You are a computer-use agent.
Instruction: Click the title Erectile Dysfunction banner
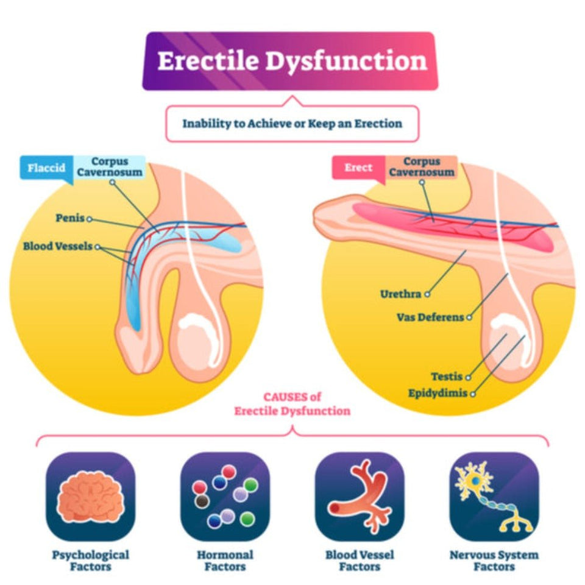(x=291, y=62)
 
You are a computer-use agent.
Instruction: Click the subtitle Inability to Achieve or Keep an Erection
(x=292, y=124)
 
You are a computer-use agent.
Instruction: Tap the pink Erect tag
(x=358, y=168)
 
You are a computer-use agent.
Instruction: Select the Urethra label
(x=400, y=294)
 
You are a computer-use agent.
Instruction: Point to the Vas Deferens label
(x=430, y=317)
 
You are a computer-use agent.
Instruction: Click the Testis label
(x=447, y=377)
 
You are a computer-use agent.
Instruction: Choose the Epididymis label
(x=438, y=393)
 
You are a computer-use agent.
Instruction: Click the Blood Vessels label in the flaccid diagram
(x=58, y=247)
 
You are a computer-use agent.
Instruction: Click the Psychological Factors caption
(x=90, y=561)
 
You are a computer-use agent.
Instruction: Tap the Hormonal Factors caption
(x=225, y=561)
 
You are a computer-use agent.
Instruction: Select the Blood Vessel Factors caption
(x=360, y=561)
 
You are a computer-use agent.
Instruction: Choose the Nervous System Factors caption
(x=494, y=561)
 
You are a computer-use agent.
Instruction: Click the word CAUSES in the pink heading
(x=285, y=397)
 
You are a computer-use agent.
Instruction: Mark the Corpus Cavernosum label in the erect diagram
(x=422, y=166)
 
